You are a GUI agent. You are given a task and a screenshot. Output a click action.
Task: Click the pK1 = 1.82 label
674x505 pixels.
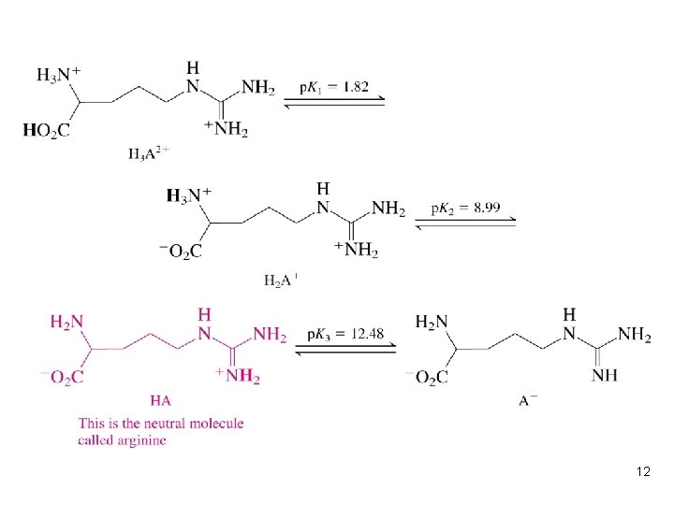(x=334, y=87)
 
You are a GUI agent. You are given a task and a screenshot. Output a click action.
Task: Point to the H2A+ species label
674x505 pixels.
(x=281, y=279)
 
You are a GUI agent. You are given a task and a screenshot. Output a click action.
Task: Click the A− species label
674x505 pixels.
(x=528, y=400)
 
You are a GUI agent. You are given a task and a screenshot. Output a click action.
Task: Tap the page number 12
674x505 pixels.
(x=642, y=472)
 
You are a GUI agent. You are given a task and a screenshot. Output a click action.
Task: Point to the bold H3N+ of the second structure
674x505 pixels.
(x=188, y=195)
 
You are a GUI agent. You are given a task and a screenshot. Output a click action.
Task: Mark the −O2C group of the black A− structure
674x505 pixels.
(x=427, y=377)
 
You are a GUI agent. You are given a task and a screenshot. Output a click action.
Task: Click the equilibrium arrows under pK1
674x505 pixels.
(x=334, y=103)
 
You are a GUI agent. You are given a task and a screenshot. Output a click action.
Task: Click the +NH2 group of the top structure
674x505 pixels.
(x=227, y=130)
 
